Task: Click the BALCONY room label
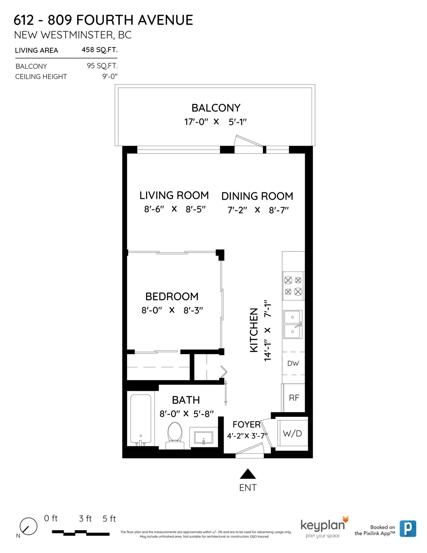click(x=216, y=108)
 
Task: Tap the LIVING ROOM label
click(x=174, y=196)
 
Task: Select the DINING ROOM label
click(x=257, y=196)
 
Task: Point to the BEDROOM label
click(x=172, y=297)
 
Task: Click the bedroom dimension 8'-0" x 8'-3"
click(x=172, y=310)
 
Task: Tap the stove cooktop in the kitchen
click(x=293, y=286)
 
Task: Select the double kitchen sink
click(x=293, y=324)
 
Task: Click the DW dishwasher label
click(x=293, y=363)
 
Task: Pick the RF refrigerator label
click(x=294, y=398)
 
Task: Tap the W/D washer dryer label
click(x=292, y=434)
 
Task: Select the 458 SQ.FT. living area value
click(x=99, y=50)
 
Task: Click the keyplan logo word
click(x=322, y=525)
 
